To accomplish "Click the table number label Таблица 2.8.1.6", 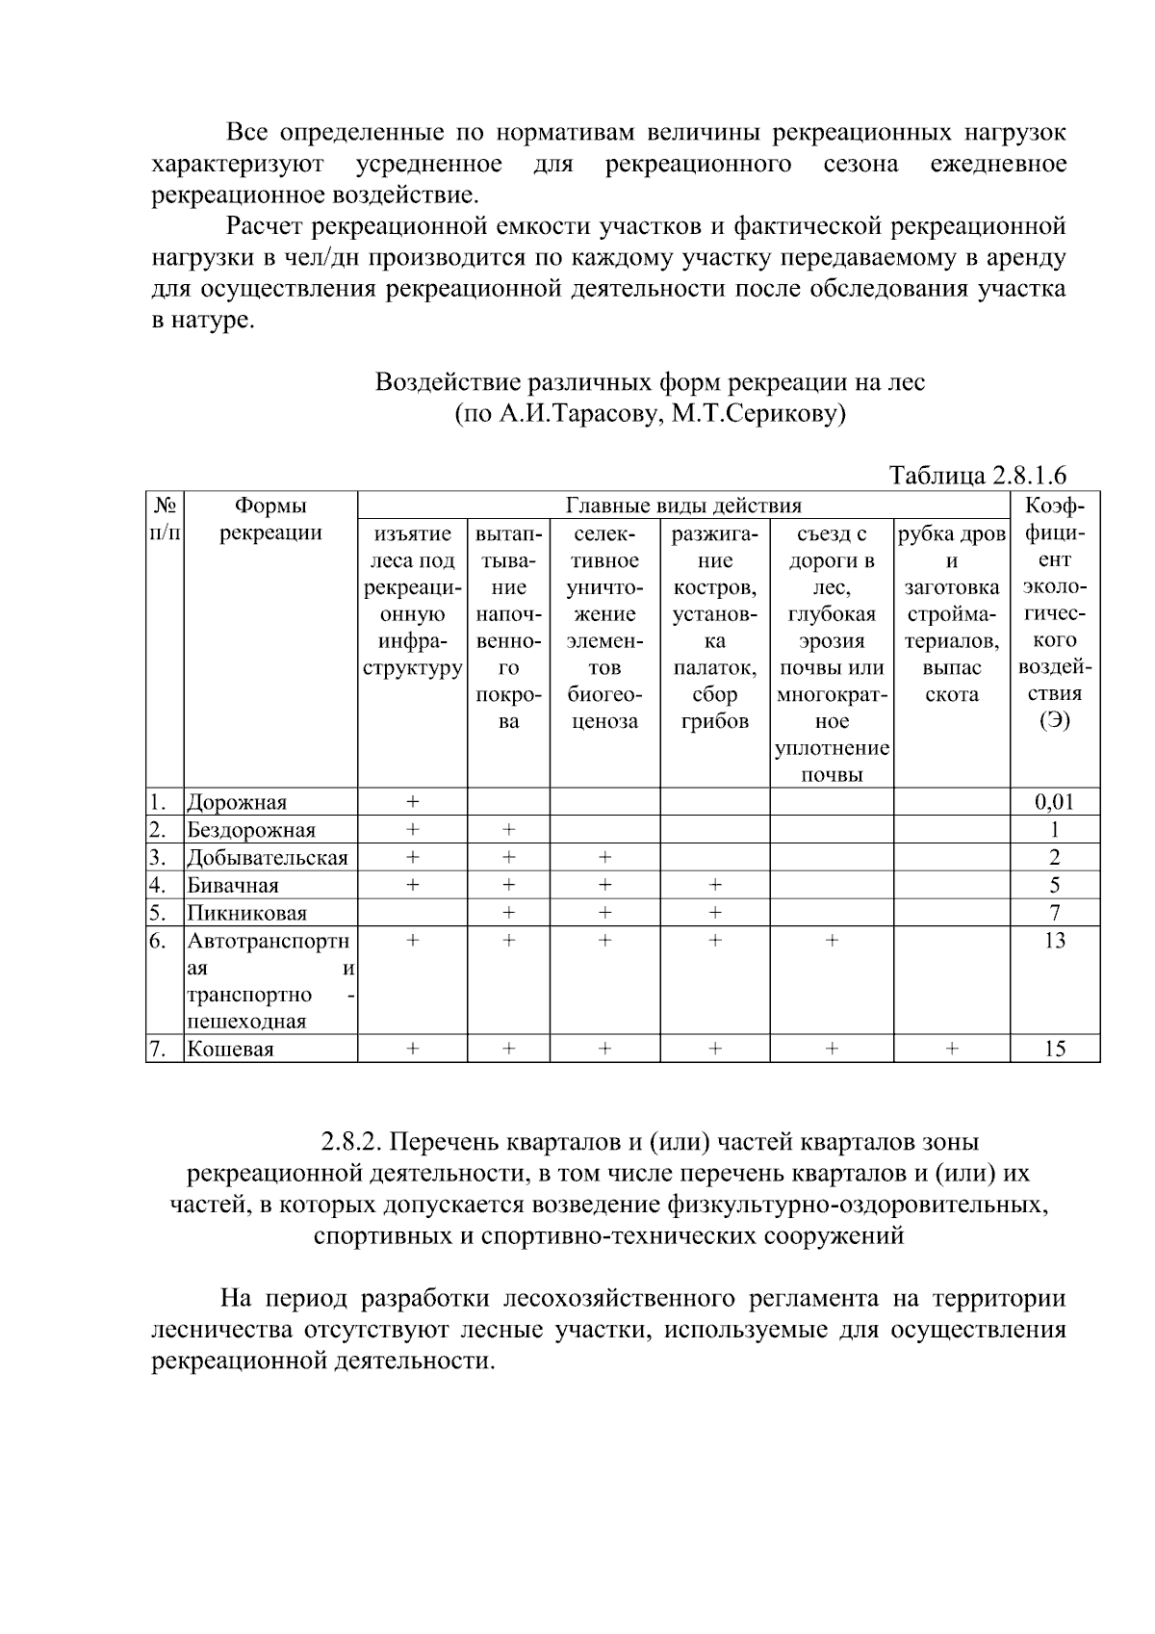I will point(977,476).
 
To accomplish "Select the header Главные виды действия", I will point(682,506).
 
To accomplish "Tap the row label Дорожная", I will point(237,803).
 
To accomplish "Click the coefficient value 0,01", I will point(1054,802).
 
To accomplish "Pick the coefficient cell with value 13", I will point(1054,941).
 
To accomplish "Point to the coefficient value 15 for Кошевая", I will point(1054,1050).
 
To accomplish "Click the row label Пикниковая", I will point(247,914).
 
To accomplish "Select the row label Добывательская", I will point(268,858).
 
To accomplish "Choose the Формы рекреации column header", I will point(270,519).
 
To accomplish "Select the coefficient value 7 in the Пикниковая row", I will point(1054,913).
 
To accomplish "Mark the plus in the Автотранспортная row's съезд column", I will point(832,941).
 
